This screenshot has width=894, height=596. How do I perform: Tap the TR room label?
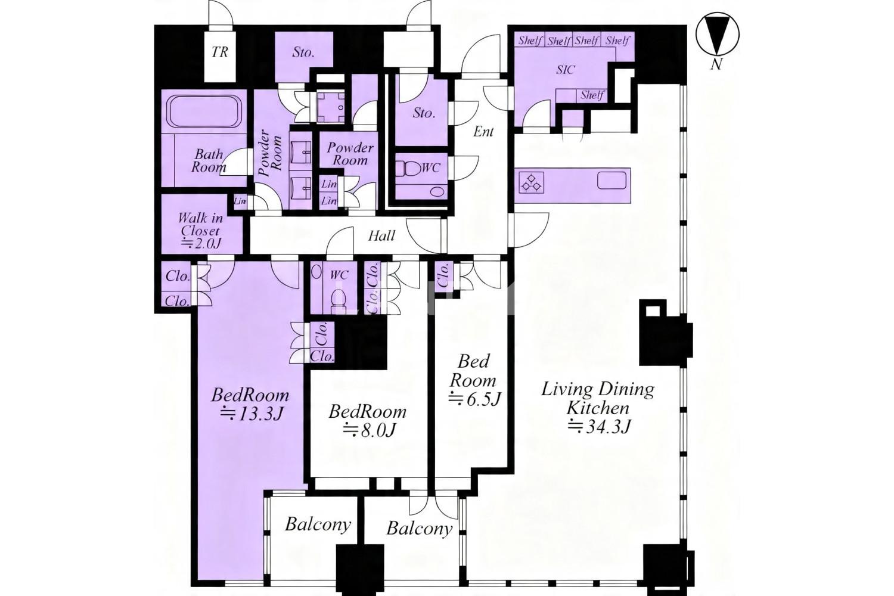coord(220,52)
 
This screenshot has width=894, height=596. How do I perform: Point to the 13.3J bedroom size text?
coord(252,414)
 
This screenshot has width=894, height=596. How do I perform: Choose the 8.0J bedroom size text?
coord(369,430)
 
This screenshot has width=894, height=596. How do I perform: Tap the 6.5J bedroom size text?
coord(474,399)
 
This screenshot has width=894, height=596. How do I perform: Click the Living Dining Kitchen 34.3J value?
coord(600,426)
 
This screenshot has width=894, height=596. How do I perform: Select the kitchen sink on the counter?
coord(611,180)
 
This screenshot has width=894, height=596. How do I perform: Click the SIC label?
coord(566,70)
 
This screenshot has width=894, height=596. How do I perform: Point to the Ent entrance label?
coord(483,132)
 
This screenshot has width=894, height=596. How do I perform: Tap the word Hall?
coord(381,235)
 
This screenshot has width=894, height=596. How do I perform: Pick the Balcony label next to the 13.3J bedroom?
coord(318,524)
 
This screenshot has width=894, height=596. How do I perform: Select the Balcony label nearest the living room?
coord(420,528)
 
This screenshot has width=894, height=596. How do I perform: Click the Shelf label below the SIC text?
coord(592,95)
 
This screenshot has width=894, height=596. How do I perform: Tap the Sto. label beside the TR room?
coord(303,52)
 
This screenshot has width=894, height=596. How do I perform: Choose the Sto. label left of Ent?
coord(423,113)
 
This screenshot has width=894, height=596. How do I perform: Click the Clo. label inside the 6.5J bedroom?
coord(443,276)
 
